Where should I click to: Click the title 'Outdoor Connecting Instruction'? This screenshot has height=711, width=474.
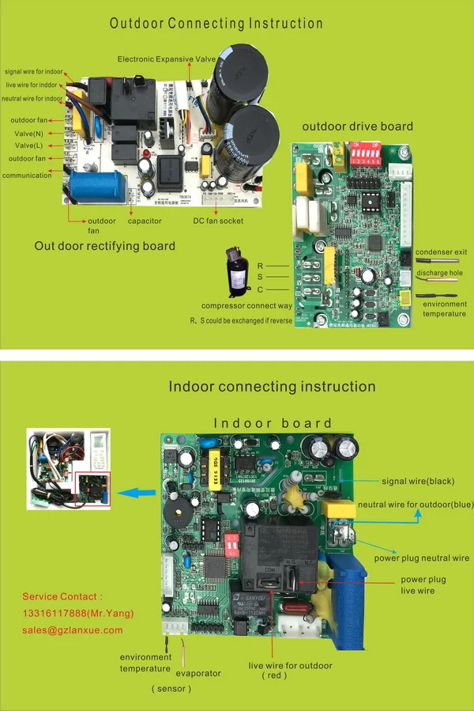click(x=216, y=23)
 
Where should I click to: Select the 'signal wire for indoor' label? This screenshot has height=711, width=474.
click(x=33, y=72)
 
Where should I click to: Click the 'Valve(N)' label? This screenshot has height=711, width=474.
click(x=28, y=133)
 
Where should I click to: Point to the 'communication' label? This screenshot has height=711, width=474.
click(x=27, y=176)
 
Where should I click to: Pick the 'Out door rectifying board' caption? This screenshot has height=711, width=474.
click(x=104, y=246)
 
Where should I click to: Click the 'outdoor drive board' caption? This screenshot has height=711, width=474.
click(x=357, y=126)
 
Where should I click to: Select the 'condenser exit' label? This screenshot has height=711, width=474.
click(x=440, y=252)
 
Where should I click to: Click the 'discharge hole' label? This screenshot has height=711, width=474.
click(x=441, y=273)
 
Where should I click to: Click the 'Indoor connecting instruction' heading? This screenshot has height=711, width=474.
click(x=272, y=387)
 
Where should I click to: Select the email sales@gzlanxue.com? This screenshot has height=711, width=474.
click(x=73, y=630)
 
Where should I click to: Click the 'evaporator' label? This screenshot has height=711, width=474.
click(x=198, y=673)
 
